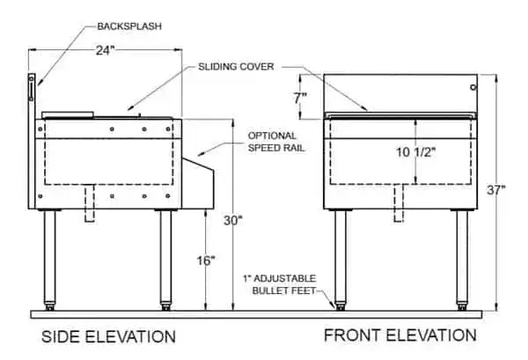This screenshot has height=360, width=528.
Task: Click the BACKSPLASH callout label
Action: click(129, 26)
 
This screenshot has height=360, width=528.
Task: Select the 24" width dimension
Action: click(106, 50)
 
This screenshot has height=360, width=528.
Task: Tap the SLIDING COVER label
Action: click(236, 67)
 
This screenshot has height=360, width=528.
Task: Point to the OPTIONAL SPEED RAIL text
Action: click(276, 142)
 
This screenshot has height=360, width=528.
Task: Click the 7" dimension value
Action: click(300, 98)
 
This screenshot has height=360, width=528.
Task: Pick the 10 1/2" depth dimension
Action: click(415, 152)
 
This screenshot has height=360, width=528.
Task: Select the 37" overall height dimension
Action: click(496, 190)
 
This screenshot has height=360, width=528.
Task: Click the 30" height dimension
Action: click(233, 221)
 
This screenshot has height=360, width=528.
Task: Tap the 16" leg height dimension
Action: click(206, 261)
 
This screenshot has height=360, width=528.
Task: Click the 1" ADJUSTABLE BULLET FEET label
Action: click(280, 284)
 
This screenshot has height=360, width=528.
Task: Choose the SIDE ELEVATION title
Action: click(108, 337)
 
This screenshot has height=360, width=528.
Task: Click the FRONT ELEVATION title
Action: click(400, 335)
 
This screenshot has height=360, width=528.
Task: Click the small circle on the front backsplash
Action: click(473, 87)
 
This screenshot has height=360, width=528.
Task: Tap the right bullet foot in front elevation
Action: click(462, 306)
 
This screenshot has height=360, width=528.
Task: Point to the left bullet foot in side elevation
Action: click(49, 306)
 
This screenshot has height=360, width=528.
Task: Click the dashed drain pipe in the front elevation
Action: click(399, 203)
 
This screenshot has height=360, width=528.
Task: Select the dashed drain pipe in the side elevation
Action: click(90, 203)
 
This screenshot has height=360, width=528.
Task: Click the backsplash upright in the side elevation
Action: click(32, 141)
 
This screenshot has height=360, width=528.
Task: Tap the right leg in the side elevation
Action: click(165, 257)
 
